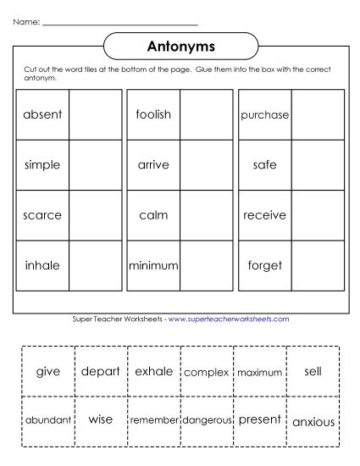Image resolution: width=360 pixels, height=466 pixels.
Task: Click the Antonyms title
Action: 179,44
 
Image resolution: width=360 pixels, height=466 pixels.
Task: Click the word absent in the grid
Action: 43,114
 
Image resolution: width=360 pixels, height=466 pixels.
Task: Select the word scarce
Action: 43,215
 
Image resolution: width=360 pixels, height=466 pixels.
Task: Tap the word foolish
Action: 153,114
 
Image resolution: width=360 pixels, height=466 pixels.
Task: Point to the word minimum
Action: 153,265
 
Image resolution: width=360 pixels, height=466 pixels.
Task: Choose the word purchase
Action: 265,114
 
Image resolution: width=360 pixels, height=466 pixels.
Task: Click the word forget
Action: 265,265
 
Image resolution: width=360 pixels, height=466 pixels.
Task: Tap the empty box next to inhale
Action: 95,265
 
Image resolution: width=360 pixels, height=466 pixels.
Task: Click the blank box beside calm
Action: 206,215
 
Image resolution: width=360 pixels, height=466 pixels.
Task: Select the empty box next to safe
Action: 317,165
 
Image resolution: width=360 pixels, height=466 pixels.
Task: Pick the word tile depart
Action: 101,371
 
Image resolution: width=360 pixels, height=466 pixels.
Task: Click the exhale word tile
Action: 153,371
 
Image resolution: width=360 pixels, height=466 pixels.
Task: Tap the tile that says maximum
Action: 259,372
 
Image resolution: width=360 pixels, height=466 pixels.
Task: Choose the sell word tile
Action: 313,371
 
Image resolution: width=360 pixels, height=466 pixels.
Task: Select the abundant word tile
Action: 47,420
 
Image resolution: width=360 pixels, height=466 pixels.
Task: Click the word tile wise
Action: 101,419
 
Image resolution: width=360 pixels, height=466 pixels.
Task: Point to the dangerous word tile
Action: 207,420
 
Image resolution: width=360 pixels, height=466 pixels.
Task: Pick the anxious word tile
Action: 313,421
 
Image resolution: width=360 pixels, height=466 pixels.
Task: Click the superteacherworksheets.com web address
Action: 229,319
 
